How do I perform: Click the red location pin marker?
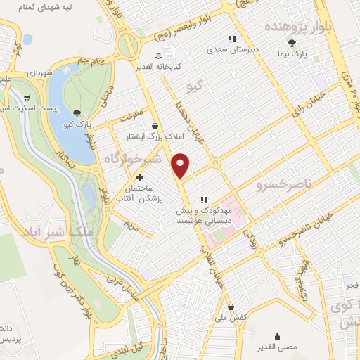pos(181,165)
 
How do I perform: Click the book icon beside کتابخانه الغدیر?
pos(158,56)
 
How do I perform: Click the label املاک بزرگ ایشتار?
pos(149,138)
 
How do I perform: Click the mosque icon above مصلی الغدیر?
pos(279,336)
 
